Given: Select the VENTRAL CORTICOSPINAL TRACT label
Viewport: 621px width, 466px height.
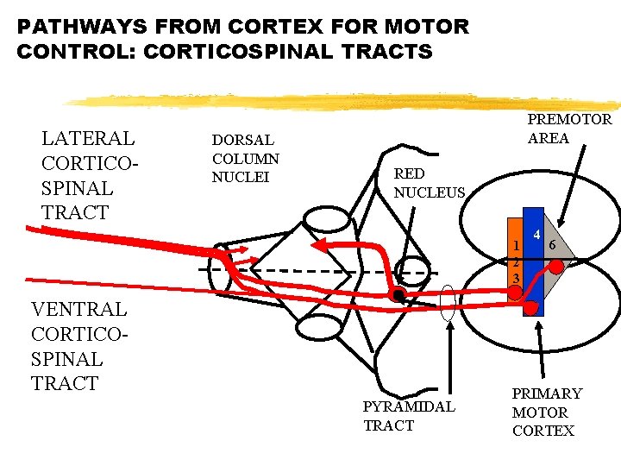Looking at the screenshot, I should click(x=78, y=345).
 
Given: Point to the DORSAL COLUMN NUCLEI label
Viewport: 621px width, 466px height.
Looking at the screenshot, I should click(x=246, y=158).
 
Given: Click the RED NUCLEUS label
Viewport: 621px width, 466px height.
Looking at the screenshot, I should click(x=429, y=183).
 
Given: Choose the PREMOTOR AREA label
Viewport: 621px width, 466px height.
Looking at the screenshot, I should click(x=569, y=128).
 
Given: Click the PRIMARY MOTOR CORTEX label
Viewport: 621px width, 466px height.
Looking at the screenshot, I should click(x=547, y=412).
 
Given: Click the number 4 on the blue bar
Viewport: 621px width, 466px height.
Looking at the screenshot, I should click(x=536, y=236).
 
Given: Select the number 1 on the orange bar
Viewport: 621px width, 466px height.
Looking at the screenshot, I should click(x=515, y=244).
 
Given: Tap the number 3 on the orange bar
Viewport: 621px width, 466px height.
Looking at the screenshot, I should click(x=515, y=278).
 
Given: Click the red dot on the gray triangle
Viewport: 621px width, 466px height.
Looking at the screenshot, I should click(x=556, y=268).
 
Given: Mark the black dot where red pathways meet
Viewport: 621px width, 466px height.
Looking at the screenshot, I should click(x=398, y=297).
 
